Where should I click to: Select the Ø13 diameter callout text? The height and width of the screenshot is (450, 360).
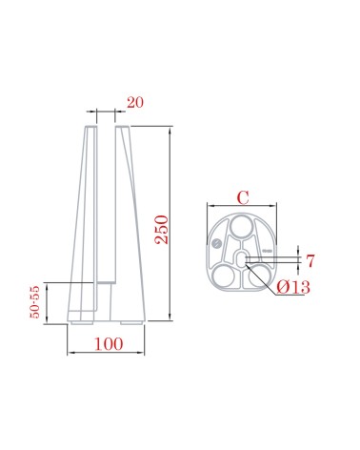click(x=296, y=288)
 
